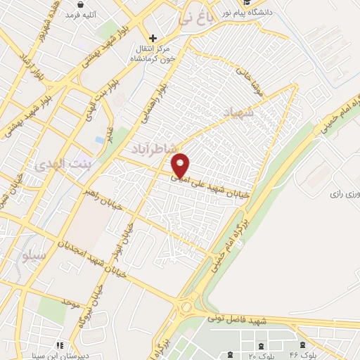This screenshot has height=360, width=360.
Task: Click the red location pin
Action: coord(181,165)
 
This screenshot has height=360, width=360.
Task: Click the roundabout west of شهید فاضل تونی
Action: coord(186,307)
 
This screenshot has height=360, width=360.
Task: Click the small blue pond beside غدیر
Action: coord(99,140)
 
